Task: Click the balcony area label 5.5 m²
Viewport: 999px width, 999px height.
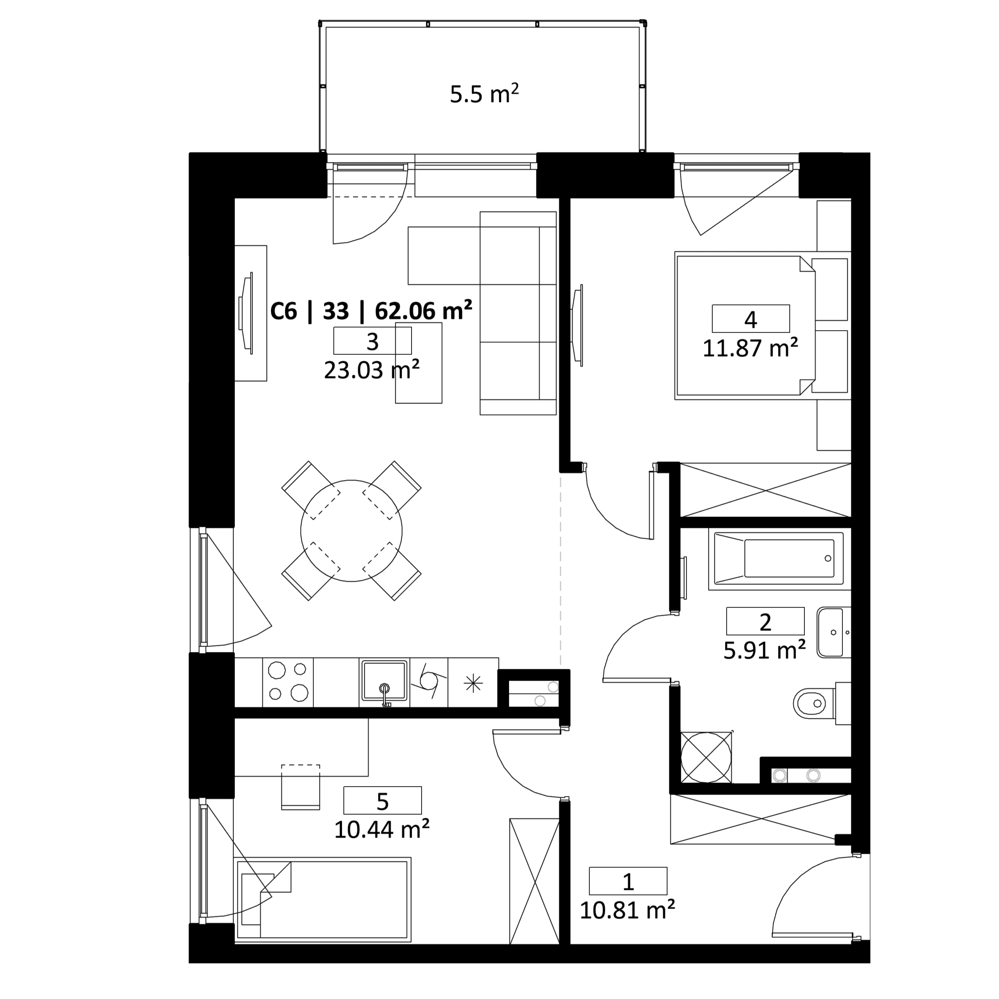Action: (x=484, y=95)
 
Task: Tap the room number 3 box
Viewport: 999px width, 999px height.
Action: (x=372, y=341)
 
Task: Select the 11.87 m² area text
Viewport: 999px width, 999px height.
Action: (x=750, y=348)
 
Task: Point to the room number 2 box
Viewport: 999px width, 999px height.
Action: (x=765, y=621)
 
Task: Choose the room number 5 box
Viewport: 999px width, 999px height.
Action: (x=382, y=800)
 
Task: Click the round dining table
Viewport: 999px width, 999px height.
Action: (x=352, y=531)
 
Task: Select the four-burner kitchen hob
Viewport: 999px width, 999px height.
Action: (x=288, y=682)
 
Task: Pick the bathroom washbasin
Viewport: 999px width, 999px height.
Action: (x=833, y=632)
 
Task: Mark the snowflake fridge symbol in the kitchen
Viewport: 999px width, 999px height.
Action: (x=473, y=684)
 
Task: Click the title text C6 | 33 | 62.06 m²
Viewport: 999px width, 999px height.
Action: (x=371, y=311)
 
